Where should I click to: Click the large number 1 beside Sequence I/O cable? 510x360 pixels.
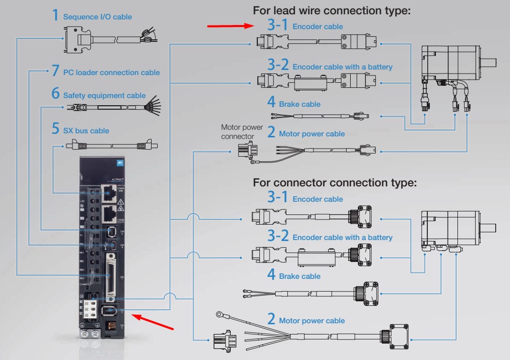click(x=56, y=15)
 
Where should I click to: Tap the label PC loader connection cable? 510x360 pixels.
click(x=111, y=73)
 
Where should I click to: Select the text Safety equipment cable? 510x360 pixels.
click(x=104, y=95)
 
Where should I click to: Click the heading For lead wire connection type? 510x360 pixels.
click(x=332, y=11)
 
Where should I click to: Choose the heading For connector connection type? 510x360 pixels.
click(x=335, y=182)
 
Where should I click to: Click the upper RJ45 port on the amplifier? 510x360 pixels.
click(x=108, y=192)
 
